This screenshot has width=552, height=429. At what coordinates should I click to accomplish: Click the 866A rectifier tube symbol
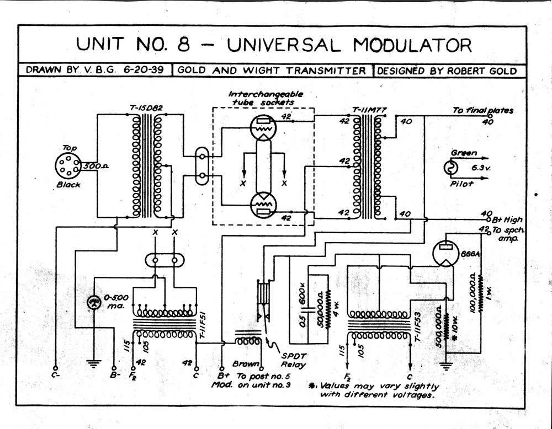click(x=445, y=253)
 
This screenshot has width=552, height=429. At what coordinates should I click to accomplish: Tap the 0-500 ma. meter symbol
click(x=94, y=302)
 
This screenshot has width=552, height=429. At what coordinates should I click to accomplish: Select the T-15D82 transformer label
click(x=146, y=108)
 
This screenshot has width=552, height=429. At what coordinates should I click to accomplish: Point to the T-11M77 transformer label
click(x=369, y=110)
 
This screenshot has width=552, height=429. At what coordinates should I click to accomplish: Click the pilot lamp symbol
click(x=450, y=168)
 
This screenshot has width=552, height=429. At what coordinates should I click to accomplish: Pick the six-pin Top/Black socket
click(x=68, y=166)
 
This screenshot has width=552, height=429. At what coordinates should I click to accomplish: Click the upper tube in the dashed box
click(x=263, y=127)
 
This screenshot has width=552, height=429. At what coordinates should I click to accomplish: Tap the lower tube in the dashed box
click(x=263, y=206)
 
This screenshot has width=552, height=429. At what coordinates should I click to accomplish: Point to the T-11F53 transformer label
click(x=417, y=327)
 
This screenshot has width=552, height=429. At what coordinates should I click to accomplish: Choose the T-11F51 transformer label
click(x=203, y=326)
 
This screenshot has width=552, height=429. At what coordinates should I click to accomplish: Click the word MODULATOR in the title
click(x=412, y=45)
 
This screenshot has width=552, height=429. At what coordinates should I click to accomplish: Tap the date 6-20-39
click(x=144, y=69)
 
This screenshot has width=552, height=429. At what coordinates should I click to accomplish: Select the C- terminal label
click(x=55, y=375)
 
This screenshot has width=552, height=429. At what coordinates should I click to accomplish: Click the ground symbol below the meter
click(x=93, y=363)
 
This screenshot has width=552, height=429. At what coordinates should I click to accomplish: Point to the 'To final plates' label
click(x=482, y=110)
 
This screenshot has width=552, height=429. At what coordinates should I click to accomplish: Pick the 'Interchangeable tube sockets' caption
click(x=266, y=98)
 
